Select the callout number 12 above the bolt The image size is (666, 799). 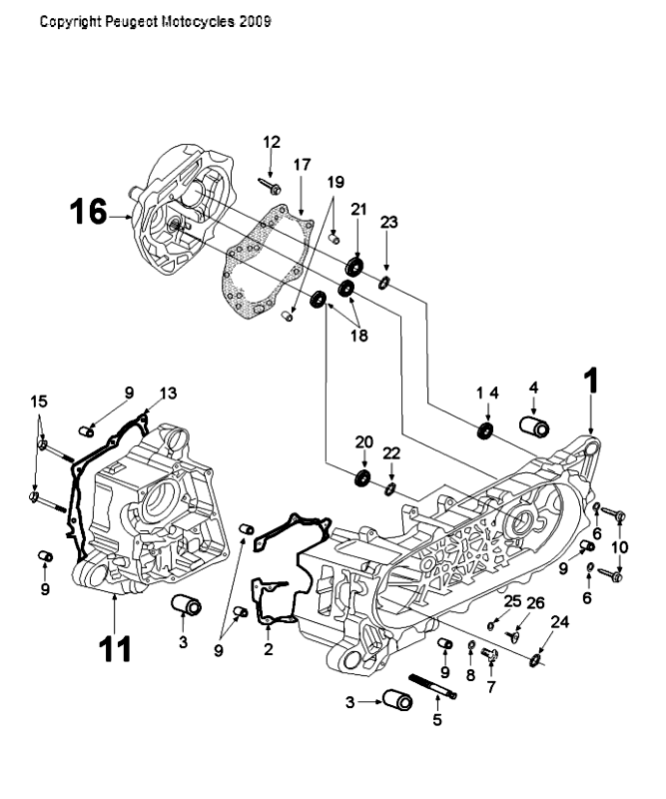point(272,143)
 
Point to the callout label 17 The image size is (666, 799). point(303,164)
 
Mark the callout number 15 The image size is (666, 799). point(38,400)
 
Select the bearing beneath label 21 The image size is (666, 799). point(355,268)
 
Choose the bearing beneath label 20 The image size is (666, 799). point(361,478)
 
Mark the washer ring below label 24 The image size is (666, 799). point(537,659)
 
